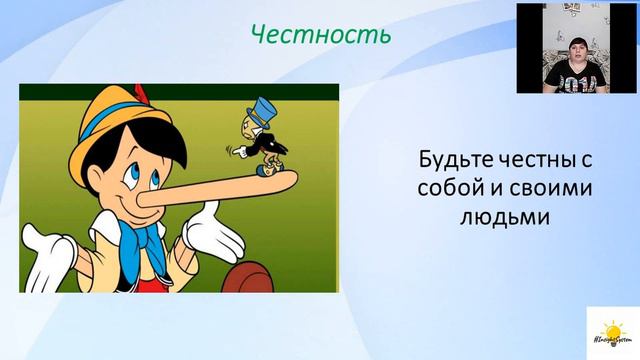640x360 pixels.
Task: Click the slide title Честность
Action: pos(319,36)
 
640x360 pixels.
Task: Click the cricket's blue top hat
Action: pos(239,107)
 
